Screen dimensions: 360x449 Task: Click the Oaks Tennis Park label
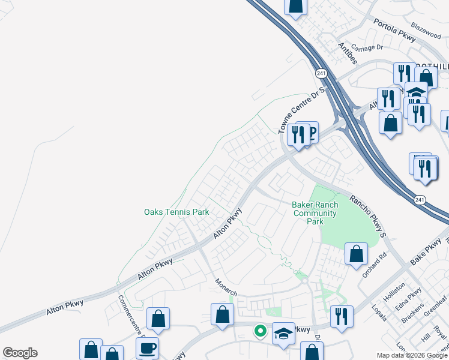point(176,212)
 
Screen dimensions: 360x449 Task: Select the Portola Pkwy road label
point(394,31)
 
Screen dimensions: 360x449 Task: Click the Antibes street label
point(348,53)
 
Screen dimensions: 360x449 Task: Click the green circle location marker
point(261,330)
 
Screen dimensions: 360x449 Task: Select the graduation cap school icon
point(284,334)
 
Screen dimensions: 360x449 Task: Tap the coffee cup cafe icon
point(148,348)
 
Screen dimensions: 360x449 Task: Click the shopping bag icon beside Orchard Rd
point(357,253)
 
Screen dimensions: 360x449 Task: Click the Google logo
point(20,353)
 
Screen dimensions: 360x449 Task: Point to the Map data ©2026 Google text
point(412,355)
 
